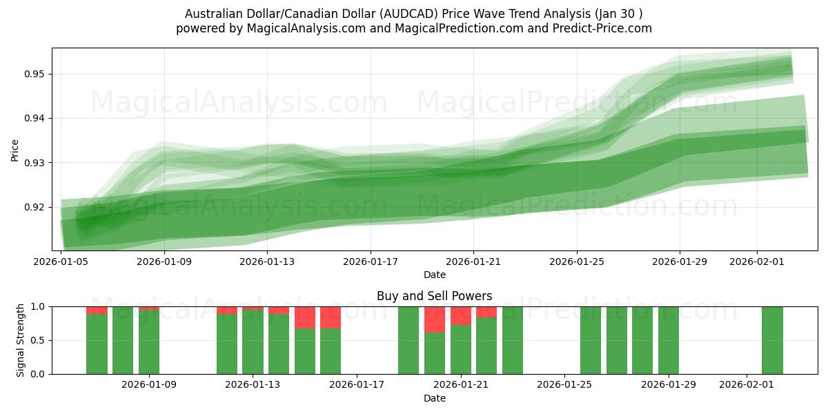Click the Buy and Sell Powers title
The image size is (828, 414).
tap(434, 296)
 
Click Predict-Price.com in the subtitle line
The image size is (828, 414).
tap(602, 28)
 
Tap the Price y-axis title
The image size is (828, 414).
tap(14, 150)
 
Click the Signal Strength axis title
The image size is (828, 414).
tap(21, 340)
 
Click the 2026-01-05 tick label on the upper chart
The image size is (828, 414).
tap(62, 262)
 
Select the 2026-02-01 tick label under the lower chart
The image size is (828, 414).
tap(747, 385)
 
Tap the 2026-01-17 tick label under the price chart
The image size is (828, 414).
tap(371, 262)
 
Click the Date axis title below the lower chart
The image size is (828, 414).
tap(434, 398)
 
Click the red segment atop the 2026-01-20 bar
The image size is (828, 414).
tap(435, 319)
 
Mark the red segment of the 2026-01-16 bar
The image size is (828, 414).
tap(331, 317)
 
